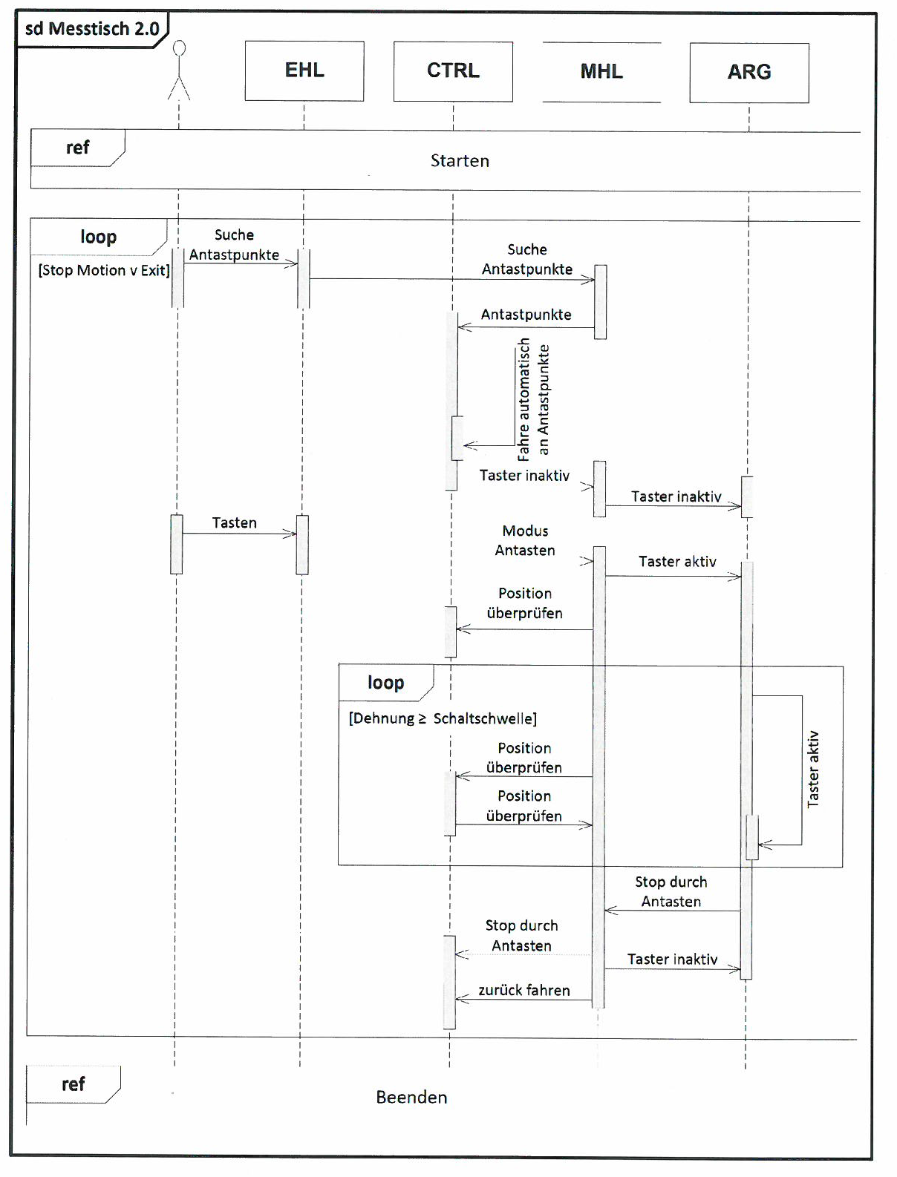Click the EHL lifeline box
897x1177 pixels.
point(304,71)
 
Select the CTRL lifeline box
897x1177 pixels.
point(453,71)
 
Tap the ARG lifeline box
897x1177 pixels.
point(749,72)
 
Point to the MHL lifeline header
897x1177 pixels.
point(601,72)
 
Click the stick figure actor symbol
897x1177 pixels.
point(178,71)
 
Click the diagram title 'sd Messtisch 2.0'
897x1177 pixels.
point(92,29)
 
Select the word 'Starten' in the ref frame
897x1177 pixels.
point(460,161)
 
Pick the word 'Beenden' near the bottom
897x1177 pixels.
point(411,1098)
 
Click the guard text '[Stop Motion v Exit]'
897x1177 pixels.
point(104,271)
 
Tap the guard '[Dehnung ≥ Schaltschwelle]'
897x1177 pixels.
point(443,718)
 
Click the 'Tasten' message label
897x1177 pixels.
point(235,523)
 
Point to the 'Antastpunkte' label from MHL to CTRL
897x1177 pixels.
point(526,315)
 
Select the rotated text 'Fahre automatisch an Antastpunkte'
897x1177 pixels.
point(533,399)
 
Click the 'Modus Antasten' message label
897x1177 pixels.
point(525,540)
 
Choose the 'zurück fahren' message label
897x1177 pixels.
point(524,991)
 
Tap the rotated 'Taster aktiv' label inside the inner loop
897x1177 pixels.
point(814,769)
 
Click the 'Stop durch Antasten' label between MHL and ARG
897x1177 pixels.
point(671,891)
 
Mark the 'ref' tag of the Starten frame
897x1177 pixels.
point(77,148)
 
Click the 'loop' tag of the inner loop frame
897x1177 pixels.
point(385,683)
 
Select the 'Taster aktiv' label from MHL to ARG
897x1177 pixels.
point(677,562)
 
